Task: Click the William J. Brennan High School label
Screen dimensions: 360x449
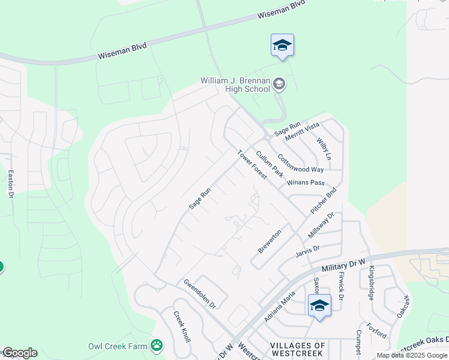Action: coord(235,85)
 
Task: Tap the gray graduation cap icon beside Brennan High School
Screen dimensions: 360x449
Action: coord(279,85)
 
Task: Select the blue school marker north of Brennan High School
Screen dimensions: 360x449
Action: coord(282,46)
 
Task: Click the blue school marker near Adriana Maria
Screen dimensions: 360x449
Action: coord(319,306)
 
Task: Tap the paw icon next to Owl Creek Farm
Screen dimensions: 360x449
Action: coord(157,345)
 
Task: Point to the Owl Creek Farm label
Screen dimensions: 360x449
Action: coord(118,346)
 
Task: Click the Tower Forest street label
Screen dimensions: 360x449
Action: coord(252,164)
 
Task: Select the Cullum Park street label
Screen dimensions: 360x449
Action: coord(270,164)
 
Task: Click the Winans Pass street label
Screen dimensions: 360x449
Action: coord(306,182)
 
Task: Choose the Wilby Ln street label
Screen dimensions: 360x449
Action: coord(324,148)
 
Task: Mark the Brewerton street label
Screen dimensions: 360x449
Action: coord(270,241)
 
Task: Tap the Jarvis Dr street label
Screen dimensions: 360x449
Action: coord(307,250)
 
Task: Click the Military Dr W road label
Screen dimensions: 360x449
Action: coord(343,266)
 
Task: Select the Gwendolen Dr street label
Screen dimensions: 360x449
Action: coord(199,293)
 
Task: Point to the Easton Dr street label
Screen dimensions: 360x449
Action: coord(10,184)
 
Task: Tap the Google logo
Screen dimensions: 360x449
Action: coord(19,353)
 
